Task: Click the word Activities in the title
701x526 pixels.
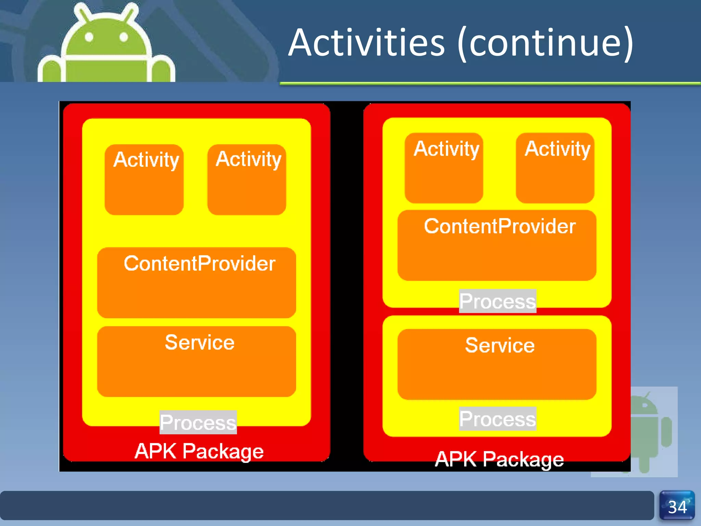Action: pos(366,43)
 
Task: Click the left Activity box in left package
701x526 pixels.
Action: pos(144,179)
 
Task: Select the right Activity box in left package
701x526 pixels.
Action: pos(247,179)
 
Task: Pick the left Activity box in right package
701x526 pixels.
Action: pos(444,168)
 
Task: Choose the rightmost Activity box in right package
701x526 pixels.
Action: pos(555,168)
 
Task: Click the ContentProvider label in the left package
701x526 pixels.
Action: pos(200,263)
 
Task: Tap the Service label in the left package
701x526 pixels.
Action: pos(200,342)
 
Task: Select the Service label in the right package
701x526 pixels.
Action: pos(500,345)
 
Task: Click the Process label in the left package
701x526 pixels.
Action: pos(198,422)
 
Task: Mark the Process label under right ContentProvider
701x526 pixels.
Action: pos(497,301)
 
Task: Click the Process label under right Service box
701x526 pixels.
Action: pos(497,418)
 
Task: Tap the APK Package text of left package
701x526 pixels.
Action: pos(199,451)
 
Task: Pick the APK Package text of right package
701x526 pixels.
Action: pos(499,459)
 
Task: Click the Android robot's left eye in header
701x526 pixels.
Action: pos(89,37)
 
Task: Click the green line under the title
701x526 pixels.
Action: pos(489,83)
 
